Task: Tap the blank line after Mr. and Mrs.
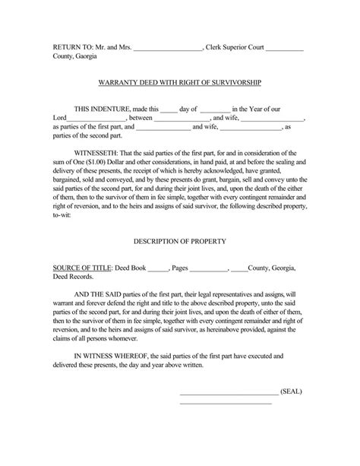click(167, 48)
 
